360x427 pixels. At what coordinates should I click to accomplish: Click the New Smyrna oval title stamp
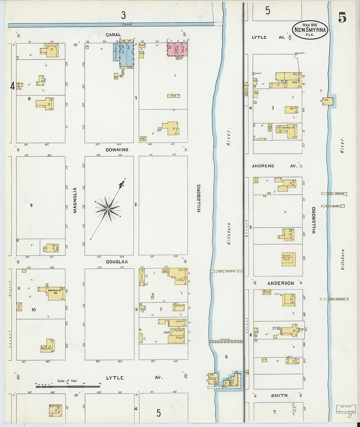310,30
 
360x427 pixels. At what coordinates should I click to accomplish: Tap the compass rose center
108,209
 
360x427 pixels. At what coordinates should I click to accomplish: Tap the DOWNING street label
117,150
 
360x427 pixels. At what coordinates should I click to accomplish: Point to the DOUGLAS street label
117,262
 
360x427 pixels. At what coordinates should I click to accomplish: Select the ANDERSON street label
280,283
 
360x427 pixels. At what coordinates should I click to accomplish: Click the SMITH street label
279,396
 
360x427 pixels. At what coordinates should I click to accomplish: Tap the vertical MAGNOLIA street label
75,200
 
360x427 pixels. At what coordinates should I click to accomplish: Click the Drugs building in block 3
177,338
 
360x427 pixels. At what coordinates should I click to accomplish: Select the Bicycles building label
179,330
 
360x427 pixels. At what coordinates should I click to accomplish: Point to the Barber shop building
179,307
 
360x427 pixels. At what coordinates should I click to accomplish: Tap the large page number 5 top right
342,17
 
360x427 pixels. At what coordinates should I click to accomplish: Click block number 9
31,205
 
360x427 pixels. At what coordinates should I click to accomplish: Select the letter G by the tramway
226,357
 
